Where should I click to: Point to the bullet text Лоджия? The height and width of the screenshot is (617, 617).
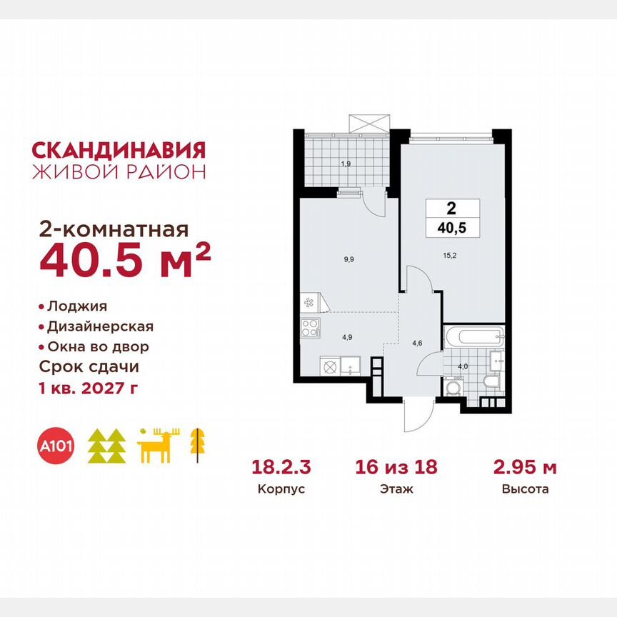[76, 306]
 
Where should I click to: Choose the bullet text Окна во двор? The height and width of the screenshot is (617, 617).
[98, 347]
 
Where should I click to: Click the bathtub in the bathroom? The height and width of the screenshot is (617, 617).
[474, 336]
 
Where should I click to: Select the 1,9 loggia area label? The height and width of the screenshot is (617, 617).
[346, 164]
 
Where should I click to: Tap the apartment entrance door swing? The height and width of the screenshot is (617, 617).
[417, 416]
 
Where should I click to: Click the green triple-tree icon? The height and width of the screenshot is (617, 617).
[107, 446]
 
